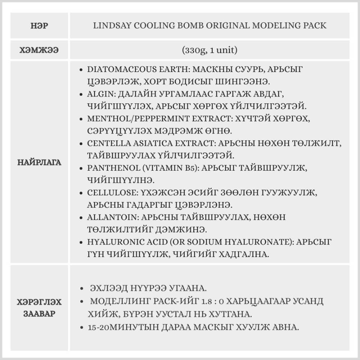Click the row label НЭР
(x=40, y=26)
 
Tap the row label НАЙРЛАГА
(x=40, y=162)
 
